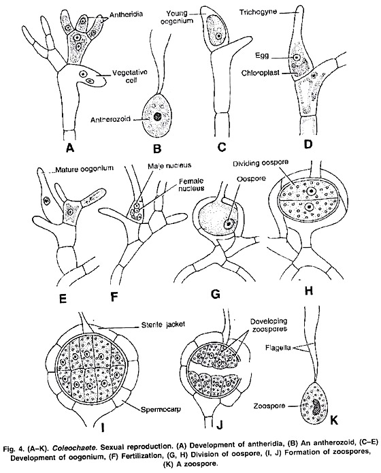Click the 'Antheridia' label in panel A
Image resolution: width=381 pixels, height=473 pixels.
coord(126,14)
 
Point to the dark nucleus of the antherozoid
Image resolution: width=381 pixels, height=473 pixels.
coord(157,116)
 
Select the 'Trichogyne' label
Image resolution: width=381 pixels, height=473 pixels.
coord(259,12)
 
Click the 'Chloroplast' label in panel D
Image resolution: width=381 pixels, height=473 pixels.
coord(261,73)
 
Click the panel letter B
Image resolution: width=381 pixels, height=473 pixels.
coord(157,148)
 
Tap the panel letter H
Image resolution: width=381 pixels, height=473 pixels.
coord(308,291)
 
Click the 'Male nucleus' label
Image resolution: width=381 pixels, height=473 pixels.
coord(169,165)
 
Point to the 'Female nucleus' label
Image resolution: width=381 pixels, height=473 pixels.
coord(192,184)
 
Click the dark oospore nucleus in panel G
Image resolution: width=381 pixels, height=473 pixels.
coord(229,223)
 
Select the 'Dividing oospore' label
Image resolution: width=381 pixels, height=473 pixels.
coord(261,163)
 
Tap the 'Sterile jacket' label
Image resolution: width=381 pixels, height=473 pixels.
coord(163,325)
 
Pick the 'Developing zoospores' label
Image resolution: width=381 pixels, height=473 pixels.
coord(269,325)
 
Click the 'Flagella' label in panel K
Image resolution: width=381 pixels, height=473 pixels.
coord(278,348)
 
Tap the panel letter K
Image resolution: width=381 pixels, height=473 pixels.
coord(333,420)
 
